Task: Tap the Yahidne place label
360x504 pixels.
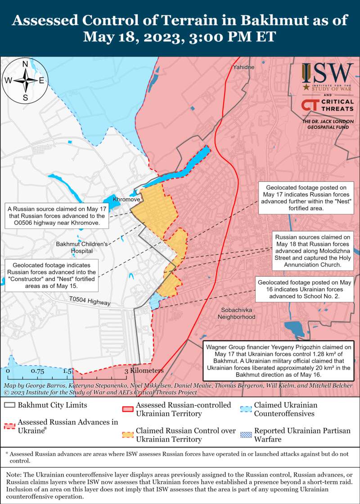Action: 243,67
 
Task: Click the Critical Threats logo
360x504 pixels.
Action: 328,106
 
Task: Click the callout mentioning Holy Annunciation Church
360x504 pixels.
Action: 308,251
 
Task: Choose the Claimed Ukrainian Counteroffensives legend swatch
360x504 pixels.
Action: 245,409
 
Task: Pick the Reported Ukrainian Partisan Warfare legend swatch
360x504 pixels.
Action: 245,435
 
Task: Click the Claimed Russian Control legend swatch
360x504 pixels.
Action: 128,435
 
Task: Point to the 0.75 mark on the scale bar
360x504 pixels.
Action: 37,371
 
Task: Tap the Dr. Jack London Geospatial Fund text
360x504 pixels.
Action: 328,125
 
